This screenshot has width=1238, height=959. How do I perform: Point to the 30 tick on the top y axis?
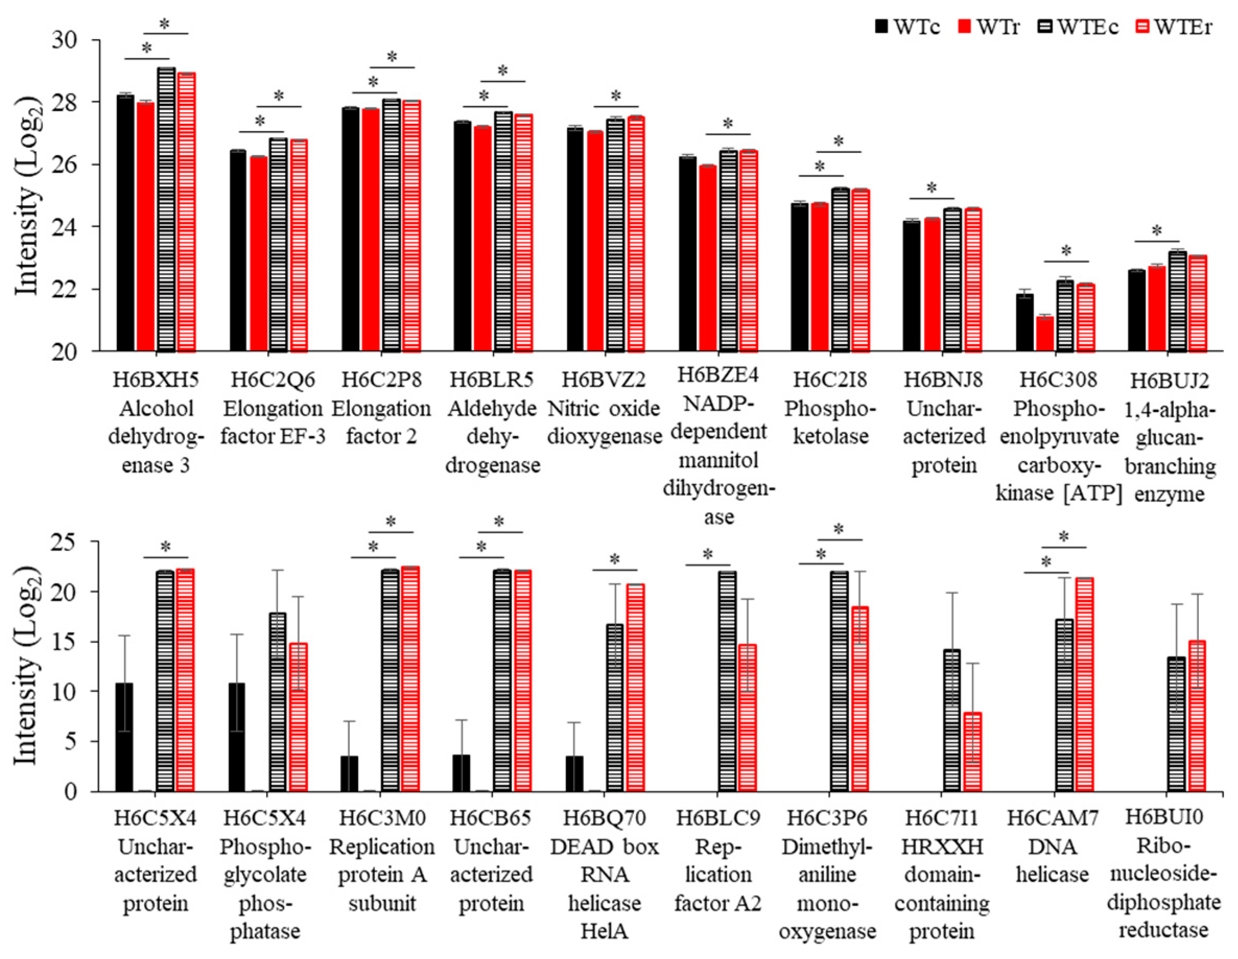coord(67,40)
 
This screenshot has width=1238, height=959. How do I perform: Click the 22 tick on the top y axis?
coord(67,290)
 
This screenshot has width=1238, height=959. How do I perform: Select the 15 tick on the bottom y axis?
coord(67,642)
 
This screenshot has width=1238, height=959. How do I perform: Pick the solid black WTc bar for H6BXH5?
coord(125,224)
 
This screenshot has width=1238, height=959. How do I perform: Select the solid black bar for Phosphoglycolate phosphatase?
coord(237,737)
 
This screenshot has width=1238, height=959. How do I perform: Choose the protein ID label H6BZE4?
coord(718,375)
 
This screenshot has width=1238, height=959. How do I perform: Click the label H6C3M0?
coord(382,818)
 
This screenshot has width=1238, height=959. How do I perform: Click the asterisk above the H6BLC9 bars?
coord(708,554)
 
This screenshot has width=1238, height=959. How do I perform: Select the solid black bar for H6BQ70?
coord(574,774)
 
